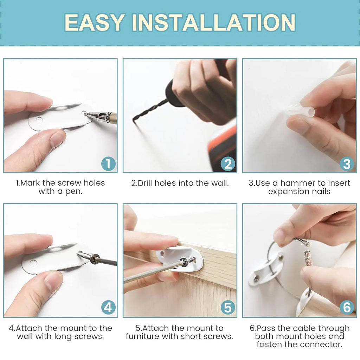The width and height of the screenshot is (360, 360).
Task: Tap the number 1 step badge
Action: (x=108, y=163)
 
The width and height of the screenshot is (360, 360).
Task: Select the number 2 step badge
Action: (x=228, y=163)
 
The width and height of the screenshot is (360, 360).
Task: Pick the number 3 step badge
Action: (x=347, y=163)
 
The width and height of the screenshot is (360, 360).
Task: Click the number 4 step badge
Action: (x=108, y=308)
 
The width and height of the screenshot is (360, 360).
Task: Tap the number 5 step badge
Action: (x=228, y=308)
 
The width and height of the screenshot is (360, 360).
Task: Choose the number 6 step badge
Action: (x=347, y=308)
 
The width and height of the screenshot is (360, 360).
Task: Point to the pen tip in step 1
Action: (x=86, y=114)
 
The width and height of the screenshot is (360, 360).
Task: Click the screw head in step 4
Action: (x=94, y=259)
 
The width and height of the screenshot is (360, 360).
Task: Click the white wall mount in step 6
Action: (x=265, y=269)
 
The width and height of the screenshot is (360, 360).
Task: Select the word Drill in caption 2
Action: (x=145, y=183)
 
